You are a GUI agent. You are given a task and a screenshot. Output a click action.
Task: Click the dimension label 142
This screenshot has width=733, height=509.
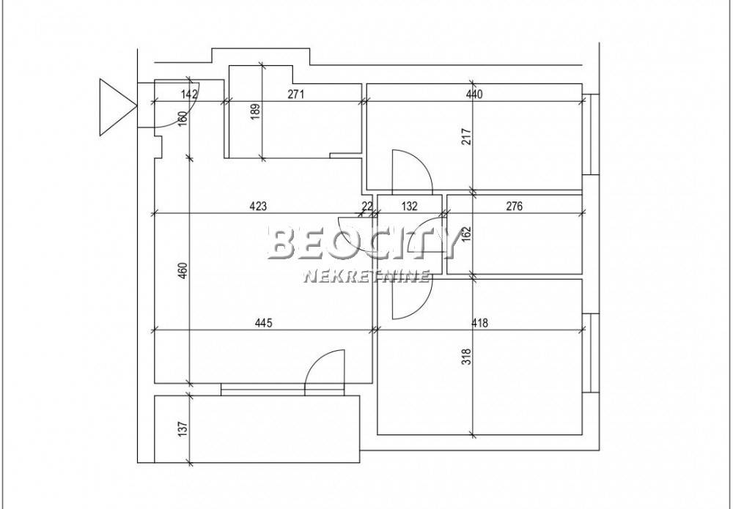click(189, 94)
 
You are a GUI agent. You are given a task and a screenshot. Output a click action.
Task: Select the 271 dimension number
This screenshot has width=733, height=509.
click(295, 94)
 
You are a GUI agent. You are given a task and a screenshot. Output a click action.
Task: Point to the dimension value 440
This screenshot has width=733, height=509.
click(474, 94)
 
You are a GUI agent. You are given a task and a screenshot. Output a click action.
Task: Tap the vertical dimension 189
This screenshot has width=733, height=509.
click(255, 112)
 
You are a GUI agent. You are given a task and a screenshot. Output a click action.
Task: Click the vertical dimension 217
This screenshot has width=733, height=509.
click(466, 136)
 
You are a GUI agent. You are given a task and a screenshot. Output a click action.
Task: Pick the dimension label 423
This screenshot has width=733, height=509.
click(258, 206)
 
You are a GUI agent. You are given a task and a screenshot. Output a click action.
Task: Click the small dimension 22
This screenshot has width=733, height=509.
click(367, 206)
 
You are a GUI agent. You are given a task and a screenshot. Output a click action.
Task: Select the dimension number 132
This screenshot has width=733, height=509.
click(409, 206)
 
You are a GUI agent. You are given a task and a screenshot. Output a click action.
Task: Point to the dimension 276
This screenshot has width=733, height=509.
click(514, 206)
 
